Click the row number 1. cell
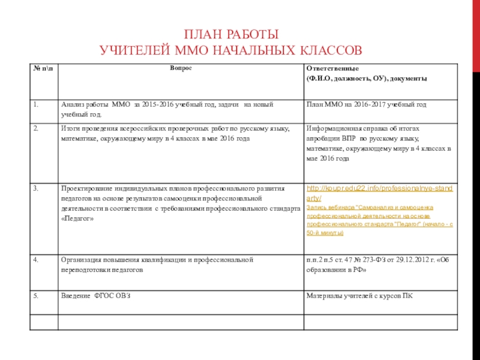click(37, 104)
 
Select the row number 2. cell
click(37, 128)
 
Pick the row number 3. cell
click(37, 188)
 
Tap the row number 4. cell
click(37, 260)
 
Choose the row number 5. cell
click(37, 296)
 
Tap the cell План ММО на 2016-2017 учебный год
click(366, 105)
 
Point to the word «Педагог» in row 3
click(77, 218)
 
